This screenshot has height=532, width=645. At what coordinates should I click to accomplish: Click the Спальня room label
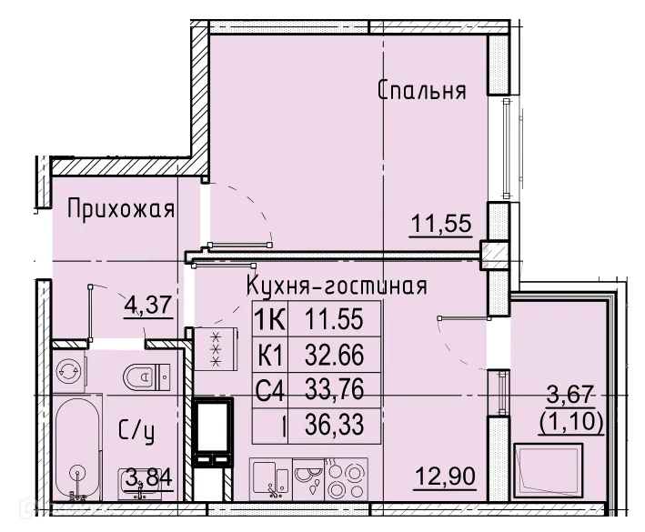(x=421, y=91)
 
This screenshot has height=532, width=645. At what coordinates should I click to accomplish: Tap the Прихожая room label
(x=121, y=210)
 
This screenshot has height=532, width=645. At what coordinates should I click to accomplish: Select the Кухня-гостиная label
(x=337, y=286)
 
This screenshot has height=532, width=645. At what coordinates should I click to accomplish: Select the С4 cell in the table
(x=270, y=393)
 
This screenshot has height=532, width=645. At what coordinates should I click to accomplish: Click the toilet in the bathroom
(x=146, y=374)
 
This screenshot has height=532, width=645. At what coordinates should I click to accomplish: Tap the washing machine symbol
(x=68, y=371)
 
